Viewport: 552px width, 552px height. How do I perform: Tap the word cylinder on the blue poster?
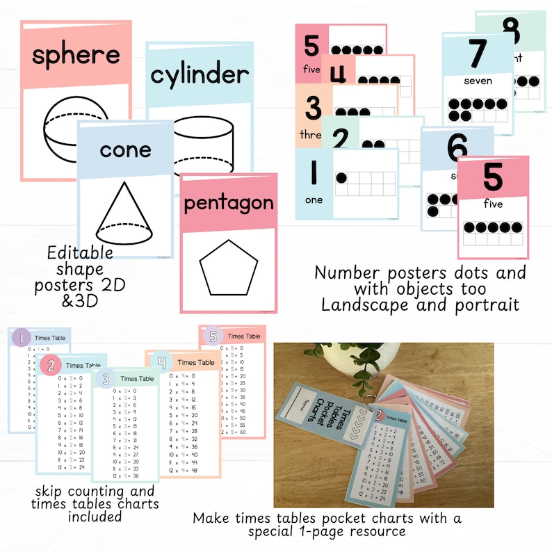click(x=199, y=74)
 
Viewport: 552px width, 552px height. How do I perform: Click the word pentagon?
click(x=229, y=204)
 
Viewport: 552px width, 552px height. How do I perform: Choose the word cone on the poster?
click(x=125, y=149)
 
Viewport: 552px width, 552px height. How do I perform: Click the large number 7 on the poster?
click(x=477, y=53)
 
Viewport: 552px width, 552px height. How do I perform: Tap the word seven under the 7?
click(x=478, y=81)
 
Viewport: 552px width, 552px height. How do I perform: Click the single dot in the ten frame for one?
click(x=343, y=178)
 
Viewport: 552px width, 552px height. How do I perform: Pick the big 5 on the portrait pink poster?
click(x=493, y=177)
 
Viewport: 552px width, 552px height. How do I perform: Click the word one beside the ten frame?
click(x=314, y=200)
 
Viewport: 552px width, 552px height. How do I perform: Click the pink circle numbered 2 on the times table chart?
click(x=51, y=364)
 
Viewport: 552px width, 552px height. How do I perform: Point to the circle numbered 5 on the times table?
click(x=212, y=336)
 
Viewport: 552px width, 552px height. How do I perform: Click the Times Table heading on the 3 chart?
click(x=138, y=378)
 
